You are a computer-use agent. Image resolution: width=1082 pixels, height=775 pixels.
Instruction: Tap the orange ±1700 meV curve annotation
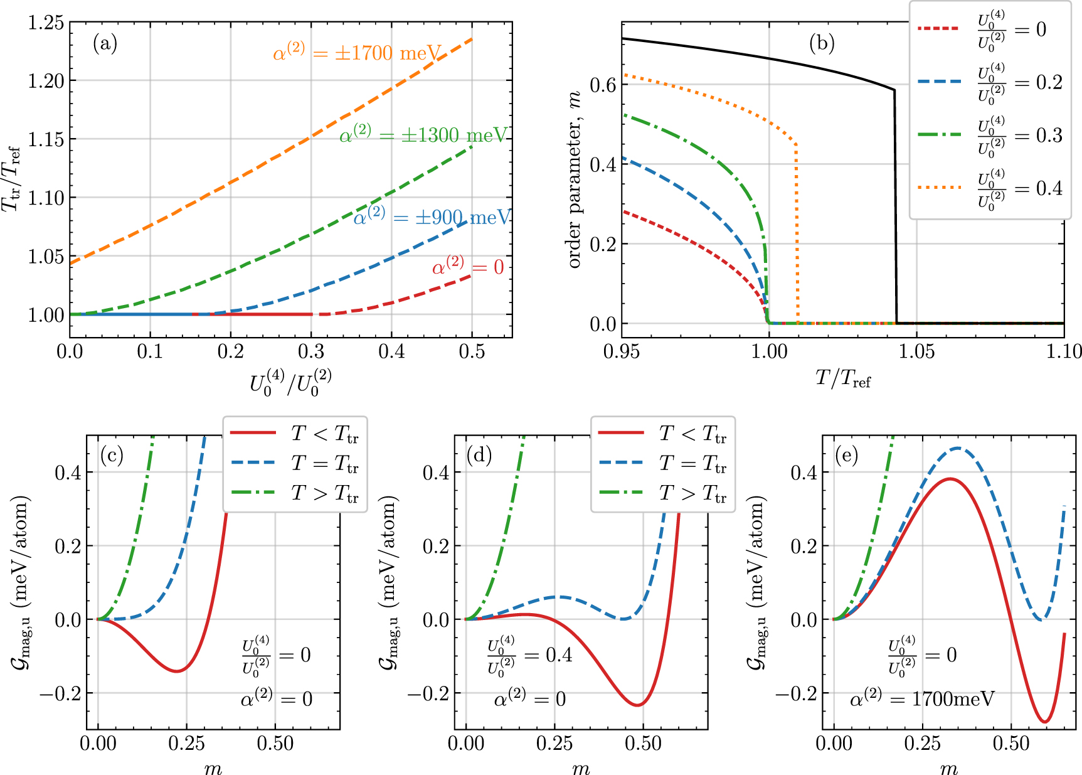tap(357, 53)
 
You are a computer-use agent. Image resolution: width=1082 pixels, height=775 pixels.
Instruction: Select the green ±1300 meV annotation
tap(423, 135)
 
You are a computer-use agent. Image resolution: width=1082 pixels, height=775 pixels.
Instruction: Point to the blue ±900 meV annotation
tap(432, 217)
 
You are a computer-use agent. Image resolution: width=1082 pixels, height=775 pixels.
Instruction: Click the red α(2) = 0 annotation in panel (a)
tap(467, 267)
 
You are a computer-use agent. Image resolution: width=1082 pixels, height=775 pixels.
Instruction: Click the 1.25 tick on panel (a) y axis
tap(46, 23)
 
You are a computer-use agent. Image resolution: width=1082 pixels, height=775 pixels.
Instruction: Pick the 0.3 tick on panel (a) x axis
tap(311, 351)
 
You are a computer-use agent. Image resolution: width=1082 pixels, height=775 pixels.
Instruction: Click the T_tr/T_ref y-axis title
tap(13, 179)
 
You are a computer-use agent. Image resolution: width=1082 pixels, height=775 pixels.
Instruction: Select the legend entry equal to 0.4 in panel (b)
tap(990, 188)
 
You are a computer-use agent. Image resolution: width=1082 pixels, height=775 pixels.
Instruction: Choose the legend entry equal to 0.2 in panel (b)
tap(990, 82)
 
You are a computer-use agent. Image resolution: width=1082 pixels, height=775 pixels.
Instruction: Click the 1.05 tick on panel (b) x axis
tap(916, 351)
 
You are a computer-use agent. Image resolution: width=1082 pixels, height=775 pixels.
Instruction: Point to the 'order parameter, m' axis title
tap(575, 179)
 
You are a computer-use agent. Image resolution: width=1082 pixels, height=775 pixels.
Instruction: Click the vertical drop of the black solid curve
tap(895, 207)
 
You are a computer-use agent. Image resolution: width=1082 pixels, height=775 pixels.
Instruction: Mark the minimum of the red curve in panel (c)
tap(177, 671)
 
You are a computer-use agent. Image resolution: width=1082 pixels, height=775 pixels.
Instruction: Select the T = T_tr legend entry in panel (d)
tap(662, 463)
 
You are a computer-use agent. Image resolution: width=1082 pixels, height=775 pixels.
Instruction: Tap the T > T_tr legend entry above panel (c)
tap(294, 493)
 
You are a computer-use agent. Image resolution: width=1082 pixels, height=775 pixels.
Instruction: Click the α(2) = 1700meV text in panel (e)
tap(922, 698)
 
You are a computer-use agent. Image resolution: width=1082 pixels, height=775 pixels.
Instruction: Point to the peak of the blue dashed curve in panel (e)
tap(957, 448)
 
